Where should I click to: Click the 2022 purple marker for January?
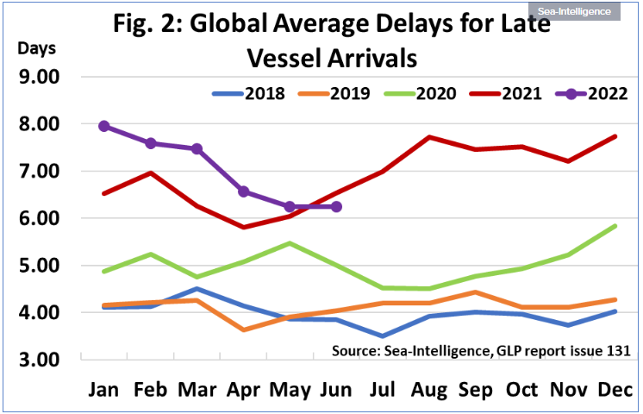click(x=103, y=126)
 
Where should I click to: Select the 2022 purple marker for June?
click(x=336, y=207)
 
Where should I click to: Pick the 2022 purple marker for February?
click(x=150, y=143)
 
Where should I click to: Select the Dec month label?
click(x=615, y=389)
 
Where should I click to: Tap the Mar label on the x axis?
click(x=197, y=389)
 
